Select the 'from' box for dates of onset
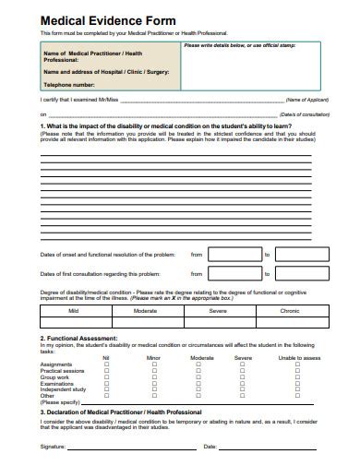pos(234,254)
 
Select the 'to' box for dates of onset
pos(298,254)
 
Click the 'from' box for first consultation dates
pos(234,274)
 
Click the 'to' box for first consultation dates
pos(298,274)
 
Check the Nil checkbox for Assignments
pos(106,364)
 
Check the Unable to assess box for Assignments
pos(297,364)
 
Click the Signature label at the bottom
pos(53,447)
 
